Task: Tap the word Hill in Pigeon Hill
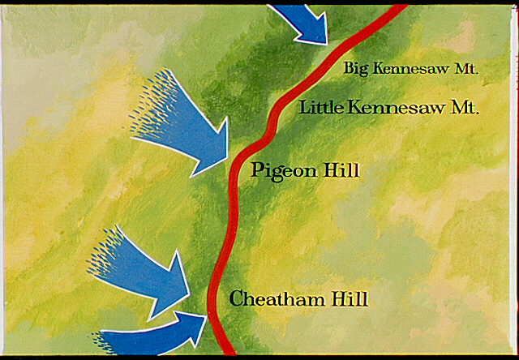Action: tap(343, 170)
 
